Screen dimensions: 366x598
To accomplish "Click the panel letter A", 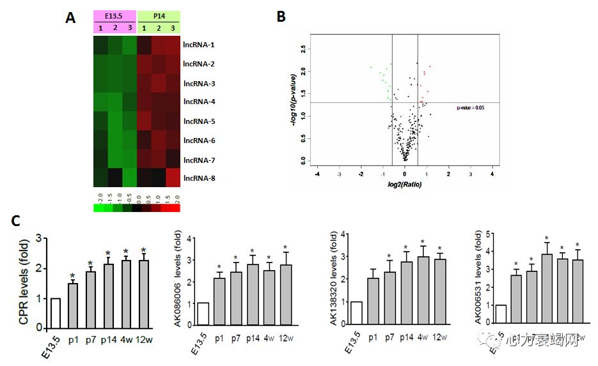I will (70, 18).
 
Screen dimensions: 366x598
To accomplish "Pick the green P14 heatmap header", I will (158, 16).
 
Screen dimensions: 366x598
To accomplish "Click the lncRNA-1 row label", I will (199, 45).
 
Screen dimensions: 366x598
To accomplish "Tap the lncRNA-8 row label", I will (199, 178).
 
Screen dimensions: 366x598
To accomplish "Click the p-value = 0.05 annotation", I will (470, 108).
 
